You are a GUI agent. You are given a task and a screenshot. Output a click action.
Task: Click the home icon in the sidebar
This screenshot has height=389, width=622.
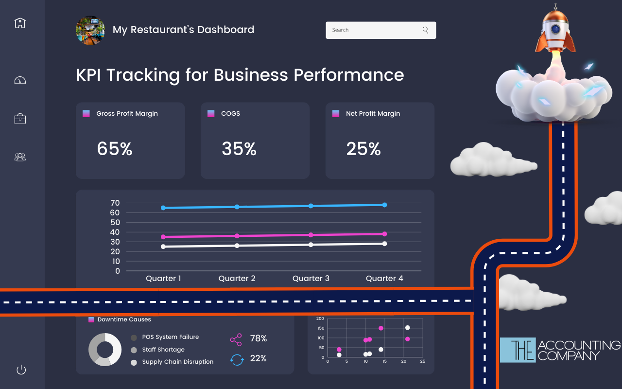point(20,23)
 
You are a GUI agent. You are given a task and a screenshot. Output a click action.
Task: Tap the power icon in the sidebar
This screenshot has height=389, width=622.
point(21,370)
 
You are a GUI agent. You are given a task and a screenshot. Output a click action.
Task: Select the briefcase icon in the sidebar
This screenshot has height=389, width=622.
point(20,119)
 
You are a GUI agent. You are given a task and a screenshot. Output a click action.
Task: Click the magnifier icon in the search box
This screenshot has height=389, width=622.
point(425,30)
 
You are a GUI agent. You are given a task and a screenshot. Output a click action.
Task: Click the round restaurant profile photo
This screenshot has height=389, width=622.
point(90,30)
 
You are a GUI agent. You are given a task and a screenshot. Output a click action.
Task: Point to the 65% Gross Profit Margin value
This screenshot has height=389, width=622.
point(115,149)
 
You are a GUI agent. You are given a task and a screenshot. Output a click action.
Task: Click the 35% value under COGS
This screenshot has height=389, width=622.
point(239,149)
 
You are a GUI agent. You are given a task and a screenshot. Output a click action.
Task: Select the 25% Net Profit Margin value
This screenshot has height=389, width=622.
point(363,149)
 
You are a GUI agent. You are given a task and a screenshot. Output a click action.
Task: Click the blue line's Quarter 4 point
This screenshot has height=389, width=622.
point(384,205)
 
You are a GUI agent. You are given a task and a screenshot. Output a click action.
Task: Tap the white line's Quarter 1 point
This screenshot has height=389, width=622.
point(163,247)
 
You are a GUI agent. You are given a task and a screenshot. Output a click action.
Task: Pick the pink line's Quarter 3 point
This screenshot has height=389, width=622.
point(311,235)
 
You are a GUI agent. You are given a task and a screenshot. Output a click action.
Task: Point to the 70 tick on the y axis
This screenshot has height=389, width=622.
point(115,203)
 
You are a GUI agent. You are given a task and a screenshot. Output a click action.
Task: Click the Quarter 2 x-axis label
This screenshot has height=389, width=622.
point(237,279)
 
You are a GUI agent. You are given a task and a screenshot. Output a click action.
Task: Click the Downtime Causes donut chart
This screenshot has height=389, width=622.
point(105,350)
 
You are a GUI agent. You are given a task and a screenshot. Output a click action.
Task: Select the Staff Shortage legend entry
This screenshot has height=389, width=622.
point(163,350)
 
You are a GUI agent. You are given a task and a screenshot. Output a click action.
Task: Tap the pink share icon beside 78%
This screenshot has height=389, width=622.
point(236,339)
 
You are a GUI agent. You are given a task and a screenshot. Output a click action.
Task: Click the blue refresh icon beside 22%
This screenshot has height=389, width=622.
point(237,359)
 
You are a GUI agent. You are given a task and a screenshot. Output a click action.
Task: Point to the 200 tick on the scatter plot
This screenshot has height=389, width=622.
point(320,318)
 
